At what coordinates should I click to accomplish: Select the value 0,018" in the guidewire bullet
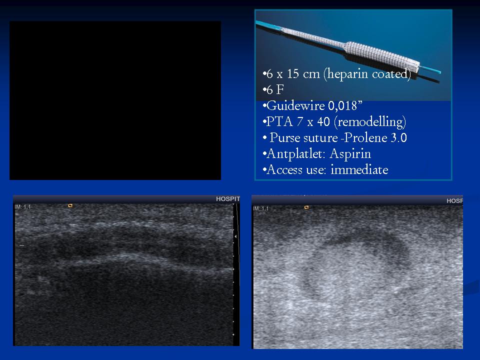click(x=345, y=105)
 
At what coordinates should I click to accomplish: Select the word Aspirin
click(x=350, y=153)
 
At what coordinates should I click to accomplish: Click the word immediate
click(x=359, y=169)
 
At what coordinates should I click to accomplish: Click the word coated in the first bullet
click(x=389, y=74)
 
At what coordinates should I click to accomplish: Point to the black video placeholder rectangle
click(x=115, y=100)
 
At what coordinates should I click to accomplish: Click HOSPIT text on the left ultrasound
click(x=228, y=199)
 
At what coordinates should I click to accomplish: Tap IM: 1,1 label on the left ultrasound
click(x=22, y=207)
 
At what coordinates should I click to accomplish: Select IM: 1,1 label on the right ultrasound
click(x=261, y=208)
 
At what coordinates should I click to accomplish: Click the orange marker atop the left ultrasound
click(x=70, y=205)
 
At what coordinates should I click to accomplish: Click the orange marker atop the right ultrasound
click(x=306, y=207)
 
